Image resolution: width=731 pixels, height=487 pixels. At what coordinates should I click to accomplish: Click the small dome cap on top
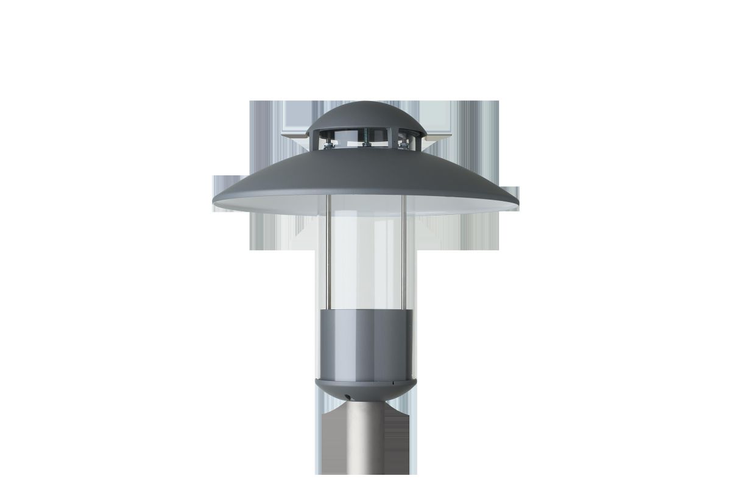click(365, 116)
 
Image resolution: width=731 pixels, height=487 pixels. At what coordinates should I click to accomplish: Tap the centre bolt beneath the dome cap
click(366, 145)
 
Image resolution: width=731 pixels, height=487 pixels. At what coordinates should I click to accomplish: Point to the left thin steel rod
click(328, 256)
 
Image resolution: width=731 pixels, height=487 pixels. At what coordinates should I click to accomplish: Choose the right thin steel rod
click(404, 256)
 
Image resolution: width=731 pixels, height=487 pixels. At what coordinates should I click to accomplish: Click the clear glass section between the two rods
click(365, 262)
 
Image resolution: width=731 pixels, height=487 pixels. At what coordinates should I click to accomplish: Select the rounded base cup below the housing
click(365, 390)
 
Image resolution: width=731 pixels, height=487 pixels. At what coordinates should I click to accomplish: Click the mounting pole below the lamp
click(365, 444)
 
